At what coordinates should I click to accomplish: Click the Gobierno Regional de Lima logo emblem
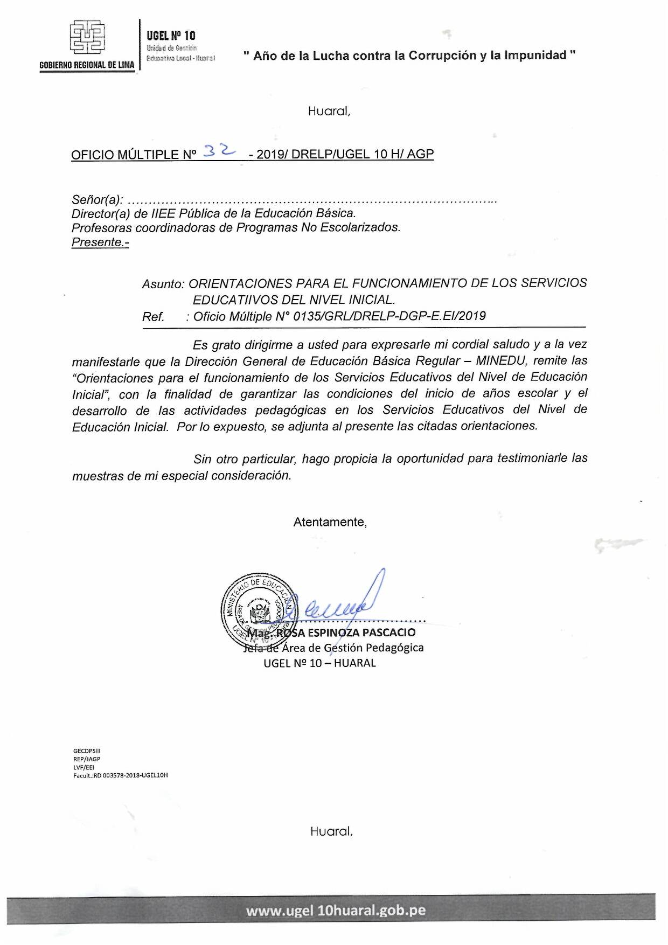coord(87,37)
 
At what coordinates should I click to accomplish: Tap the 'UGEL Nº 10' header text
coord(171,36)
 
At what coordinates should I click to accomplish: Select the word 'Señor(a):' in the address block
coord(98,200)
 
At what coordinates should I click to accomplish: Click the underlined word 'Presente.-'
coord(100,242)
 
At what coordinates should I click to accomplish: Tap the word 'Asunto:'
coord(163,284)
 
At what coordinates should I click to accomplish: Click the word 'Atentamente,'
coord(330,522)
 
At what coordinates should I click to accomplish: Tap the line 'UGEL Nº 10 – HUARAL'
coord(319,663)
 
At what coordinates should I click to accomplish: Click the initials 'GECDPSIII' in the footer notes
coord(87,751)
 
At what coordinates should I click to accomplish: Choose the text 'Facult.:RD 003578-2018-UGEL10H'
coord(121,775)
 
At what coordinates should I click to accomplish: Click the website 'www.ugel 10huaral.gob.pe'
coord(336,911)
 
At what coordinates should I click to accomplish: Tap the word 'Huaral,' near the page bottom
coord(331,831)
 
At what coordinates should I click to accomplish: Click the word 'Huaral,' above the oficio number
coord(329,112)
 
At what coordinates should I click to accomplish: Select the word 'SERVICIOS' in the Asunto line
coord(554,283)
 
